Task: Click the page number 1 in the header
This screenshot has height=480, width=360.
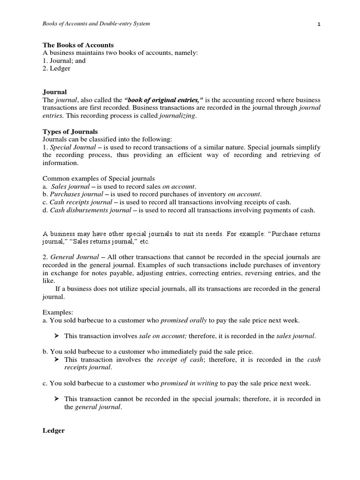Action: pyautogui.click(x=319, y=24)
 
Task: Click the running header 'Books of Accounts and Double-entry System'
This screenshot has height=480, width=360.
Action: pyautogui.click(x=96, y=24)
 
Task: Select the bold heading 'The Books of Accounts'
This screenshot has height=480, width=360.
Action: pyautogui.click(x=78, y=45)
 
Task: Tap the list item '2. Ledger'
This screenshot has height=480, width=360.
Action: pyautogui.click(x=57, y=68)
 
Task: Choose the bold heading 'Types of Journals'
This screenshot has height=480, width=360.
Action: pyautogui.click(x=70, y=132)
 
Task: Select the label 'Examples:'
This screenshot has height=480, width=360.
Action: pyautogui.click(x=58, y=312)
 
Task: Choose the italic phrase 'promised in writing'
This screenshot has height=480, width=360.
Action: pyautogui.click(x=189, y=383)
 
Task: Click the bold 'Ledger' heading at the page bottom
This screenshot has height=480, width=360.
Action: pyautogui.click(x=53, y=430)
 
